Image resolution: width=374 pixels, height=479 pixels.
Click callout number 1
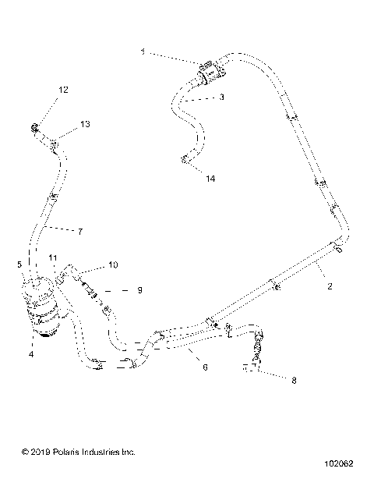tap(143, 51)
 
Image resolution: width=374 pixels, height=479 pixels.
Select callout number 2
tap(330, 286)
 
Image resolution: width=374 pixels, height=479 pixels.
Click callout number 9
tap(139, 290)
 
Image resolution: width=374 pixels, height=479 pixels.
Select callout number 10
tap(113, 265)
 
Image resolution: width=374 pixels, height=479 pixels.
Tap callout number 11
tap(53, 257)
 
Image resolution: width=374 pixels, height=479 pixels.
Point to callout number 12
tap(63, 90)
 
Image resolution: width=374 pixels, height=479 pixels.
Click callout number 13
tap(85, 124)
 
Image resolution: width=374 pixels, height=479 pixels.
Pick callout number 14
tap(210, 178)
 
